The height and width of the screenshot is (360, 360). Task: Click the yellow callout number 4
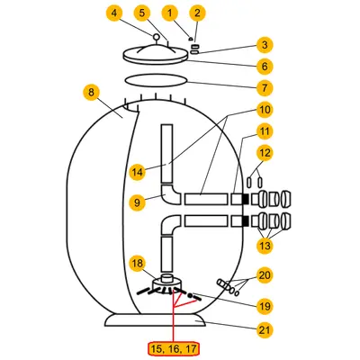[114, 13]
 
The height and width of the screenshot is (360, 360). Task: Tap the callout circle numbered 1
[170, 13]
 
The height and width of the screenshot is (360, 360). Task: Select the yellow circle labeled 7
[265, 88]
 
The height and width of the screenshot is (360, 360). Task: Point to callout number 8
[91, 93]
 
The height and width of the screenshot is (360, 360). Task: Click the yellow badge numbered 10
[265, 110]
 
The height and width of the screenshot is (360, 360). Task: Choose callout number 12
[265, 153]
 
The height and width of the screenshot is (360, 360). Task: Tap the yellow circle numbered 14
[137, 172]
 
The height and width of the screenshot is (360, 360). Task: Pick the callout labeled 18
[137, 264]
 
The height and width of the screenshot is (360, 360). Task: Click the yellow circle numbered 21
[265, 330]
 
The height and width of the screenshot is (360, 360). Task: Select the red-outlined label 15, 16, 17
[174, 349]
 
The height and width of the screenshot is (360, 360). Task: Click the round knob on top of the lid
[157, 37]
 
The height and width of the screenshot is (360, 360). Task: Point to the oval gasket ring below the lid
[156, 80]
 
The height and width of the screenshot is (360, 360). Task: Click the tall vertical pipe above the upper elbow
[166, 154]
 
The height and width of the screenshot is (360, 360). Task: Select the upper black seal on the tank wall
[245, 199]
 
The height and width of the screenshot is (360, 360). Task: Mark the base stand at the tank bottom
[156, 320]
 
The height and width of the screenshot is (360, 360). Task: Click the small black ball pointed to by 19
[190, 295]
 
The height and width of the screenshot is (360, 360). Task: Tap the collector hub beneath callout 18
[167, 283]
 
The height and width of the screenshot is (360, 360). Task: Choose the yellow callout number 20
[265, 275]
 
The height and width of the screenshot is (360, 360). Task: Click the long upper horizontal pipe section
[206, 199]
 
